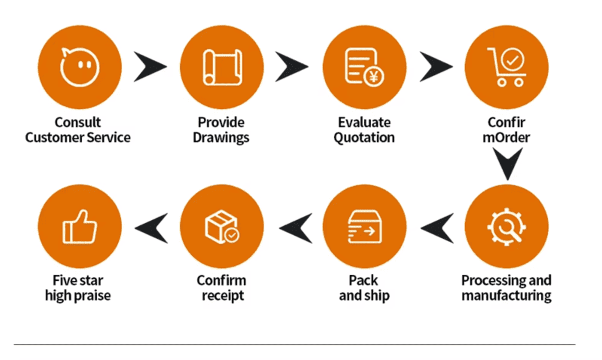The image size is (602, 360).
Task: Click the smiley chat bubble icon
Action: (x=80, y=67)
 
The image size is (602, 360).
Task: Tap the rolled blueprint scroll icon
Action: (x=222, y=67)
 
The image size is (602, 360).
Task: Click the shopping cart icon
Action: (x=507, y=67)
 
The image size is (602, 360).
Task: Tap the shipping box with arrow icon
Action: (x=364, y=227)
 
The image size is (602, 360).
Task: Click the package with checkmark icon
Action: (x=222, y=227)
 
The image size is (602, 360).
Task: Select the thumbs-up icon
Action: (x=80, y=227)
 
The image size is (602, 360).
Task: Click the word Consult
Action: (x=78, y=123)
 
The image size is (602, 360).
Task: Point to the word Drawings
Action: (x=221, y=138)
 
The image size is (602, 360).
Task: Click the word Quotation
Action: (x=364, y=138)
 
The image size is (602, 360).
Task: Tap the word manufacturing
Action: (x=507, y=296)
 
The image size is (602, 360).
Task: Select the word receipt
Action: (x=223, y=296)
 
